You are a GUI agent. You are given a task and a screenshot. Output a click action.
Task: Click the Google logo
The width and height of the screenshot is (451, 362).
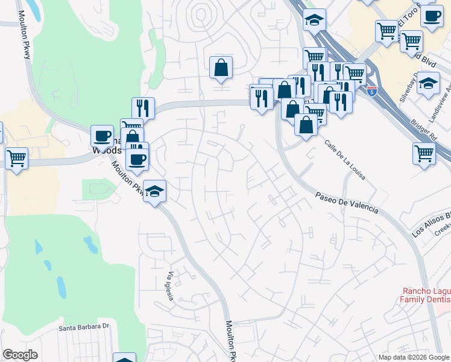(x=20, y=355)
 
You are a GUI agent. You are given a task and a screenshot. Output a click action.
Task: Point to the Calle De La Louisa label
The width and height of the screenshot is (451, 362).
(x=345, y=160)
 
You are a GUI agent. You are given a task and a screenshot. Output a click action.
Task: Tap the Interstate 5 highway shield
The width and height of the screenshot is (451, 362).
(x=372, y=91)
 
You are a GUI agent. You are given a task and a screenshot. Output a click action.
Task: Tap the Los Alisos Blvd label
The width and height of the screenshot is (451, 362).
(x=432, y=223)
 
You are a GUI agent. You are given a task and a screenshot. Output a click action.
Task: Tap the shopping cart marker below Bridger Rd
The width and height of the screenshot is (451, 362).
(x=424, y=154)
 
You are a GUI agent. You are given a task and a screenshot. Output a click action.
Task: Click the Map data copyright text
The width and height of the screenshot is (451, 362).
(x=412, y=357)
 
